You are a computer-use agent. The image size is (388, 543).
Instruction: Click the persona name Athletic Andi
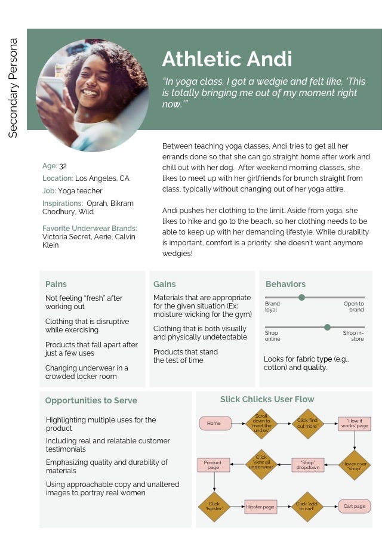click(x=227, y=59)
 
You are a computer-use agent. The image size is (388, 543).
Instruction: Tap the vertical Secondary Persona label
click(x=13, y=88)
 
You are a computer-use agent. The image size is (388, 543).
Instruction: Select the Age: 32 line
click(x=54, y=166)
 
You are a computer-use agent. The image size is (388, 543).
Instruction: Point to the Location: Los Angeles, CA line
click(x=85, y=178)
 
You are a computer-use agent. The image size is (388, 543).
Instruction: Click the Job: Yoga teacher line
click(x=72, y=191)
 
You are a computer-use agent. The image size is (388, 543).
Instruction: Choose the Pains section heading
click(x=56, y=284)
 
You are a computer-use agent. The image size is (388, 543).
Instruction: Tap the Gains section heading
click(x=164, y=284)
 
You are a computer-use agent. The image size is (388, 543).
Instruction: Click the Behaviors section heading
click(x=285, y=284)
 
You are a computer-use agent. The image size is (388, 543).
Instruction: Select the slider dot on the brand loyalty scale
click(x=301, y=297)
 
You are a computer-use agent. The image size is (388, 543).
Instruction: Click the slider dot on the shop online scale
click(x=327, y=327)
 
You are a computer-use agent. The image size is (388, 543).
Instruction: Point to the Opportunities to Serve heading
click(x=91, y=400)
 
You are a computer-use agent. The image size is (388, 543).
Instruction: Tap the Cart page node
click(x=355, y=507)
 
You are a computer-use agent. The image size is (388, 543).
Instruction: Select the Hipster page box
click(x=261, y=507)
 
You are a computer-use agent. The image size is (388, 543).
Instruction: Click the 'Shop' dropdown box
click(x=308, y=464)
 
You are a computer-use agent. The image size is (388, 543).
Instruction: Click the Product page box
click(x=213, y=464)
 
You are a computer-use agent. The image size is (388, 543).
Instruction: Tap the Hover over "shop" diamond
click(x=355, y=464)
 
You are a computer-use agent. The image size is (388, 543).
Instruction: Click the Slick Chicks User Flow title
click(x=267, y=399)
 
